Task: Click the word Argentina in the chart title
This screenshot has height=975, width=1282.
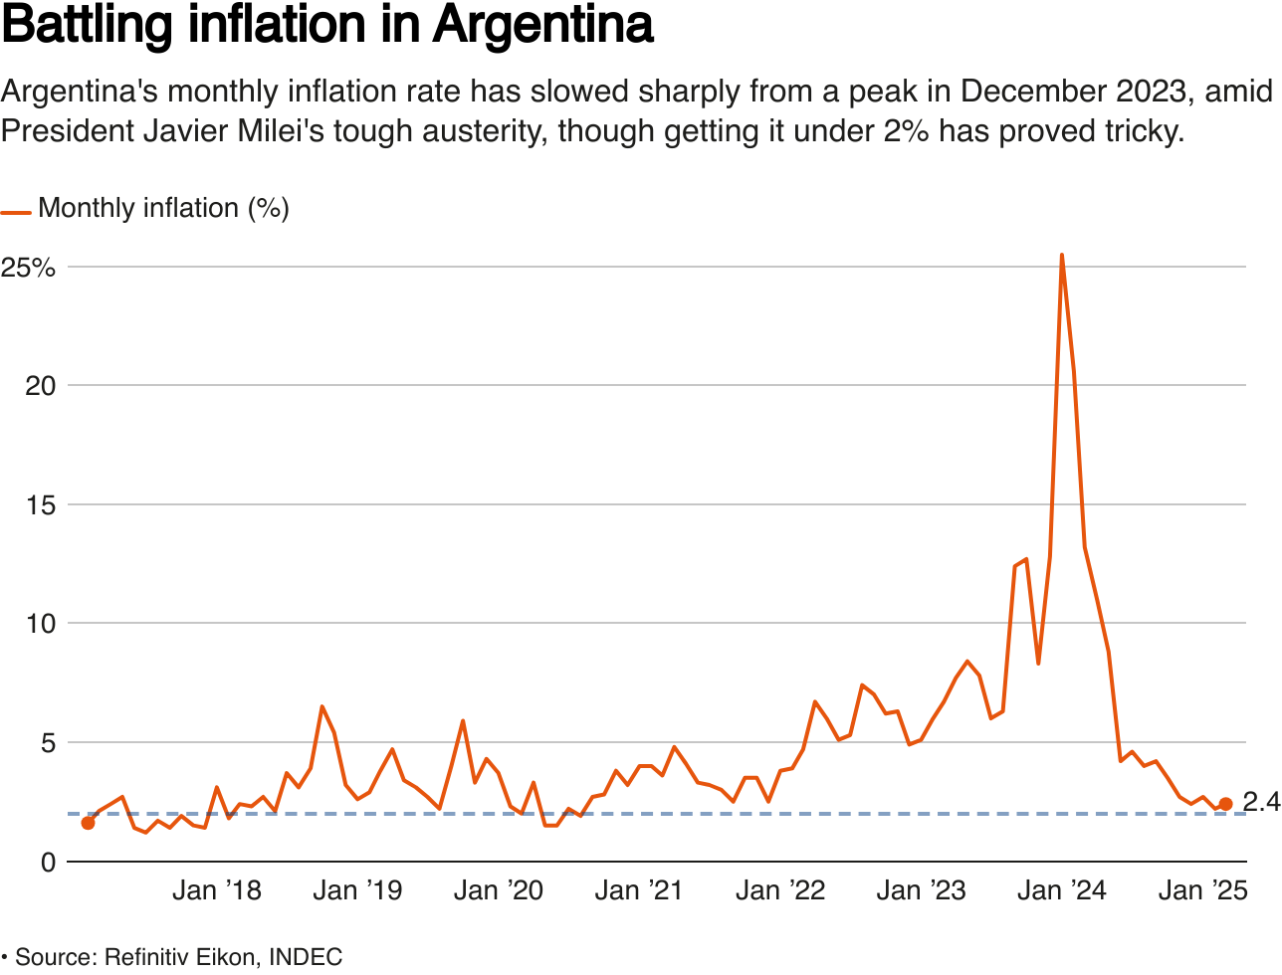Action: (x=542, y=26)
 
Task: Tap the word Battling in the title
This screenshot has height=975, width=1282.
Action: (x=88, y=26)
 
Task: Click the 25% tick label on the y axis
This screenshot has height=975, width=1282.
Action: (x=28, y=268)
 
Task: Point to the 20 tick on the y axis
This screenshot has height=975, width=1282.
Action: (x=40, y=386)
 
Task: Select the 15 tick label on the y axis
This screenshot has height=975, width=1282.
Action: (x=40, y=505)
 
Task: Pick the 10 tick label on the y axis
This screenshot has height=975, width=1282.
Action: (x=40, y=624)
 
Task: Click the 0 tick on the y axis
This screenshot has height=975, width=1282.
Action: (x=48, y=862)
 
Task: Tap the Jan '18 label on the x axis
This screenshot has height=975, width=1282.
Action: (x=216, y=890)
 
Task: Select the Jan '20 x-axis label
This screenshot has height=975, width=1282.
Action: (x=498, y=890)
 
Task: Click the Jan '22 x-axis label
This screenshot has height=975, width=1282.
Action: (x=779, y=890)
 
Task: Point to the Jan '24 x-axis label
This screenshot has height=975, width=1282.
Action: (x=1061, y=890)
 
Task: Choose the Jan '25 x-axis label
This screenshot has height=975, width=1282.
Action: (x=1202, y=890)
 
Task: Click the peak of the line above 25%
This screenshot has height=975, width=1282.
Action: (x=1062, y=256)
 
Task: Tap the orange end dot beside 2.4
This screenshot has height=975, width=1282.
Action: (x=1225, y=804)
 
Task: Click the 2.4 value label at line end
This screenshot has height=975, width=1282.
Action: (x=1260, y=802)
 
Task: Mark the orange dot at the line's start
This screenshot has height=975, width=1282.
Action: (x=88, y=823)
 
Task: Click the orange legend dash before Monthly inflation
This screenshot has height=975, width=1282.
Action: (x=16, y=212)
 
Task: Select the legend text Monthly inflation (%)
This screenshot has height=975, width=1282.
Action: (x=163, y=209)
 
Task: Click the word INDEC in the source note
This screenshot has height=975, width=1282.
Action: (x=306, y=957)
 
